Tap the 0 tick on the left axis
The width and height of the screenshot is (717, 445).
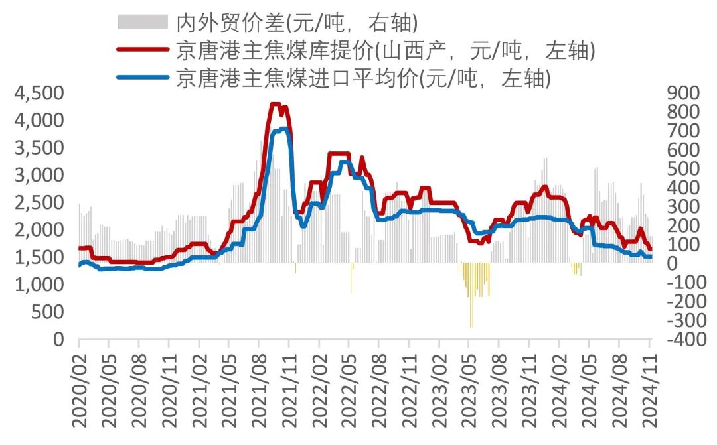tap(58, 340)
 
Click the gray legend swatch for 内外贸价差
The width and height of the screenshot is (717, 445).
tap(142, 22)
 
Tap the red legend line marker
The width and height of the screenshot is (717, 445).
tap(142, 50)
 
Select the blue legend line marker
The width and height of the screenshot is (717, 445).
tap(142, 78)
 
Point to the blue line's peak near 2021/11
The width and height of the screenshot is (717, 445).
tap(284, 129)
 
